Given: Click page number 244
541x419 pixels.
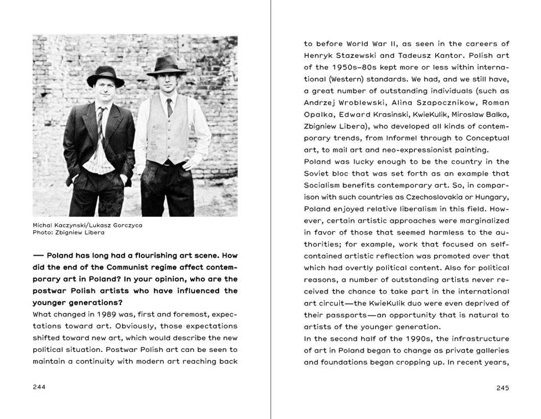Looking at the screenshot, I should (39, 387).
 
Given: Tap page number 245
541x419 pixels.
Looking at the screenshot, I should (503, 388).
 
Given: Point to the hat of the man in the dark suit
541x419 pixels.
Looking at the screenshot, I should (105, 75).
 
